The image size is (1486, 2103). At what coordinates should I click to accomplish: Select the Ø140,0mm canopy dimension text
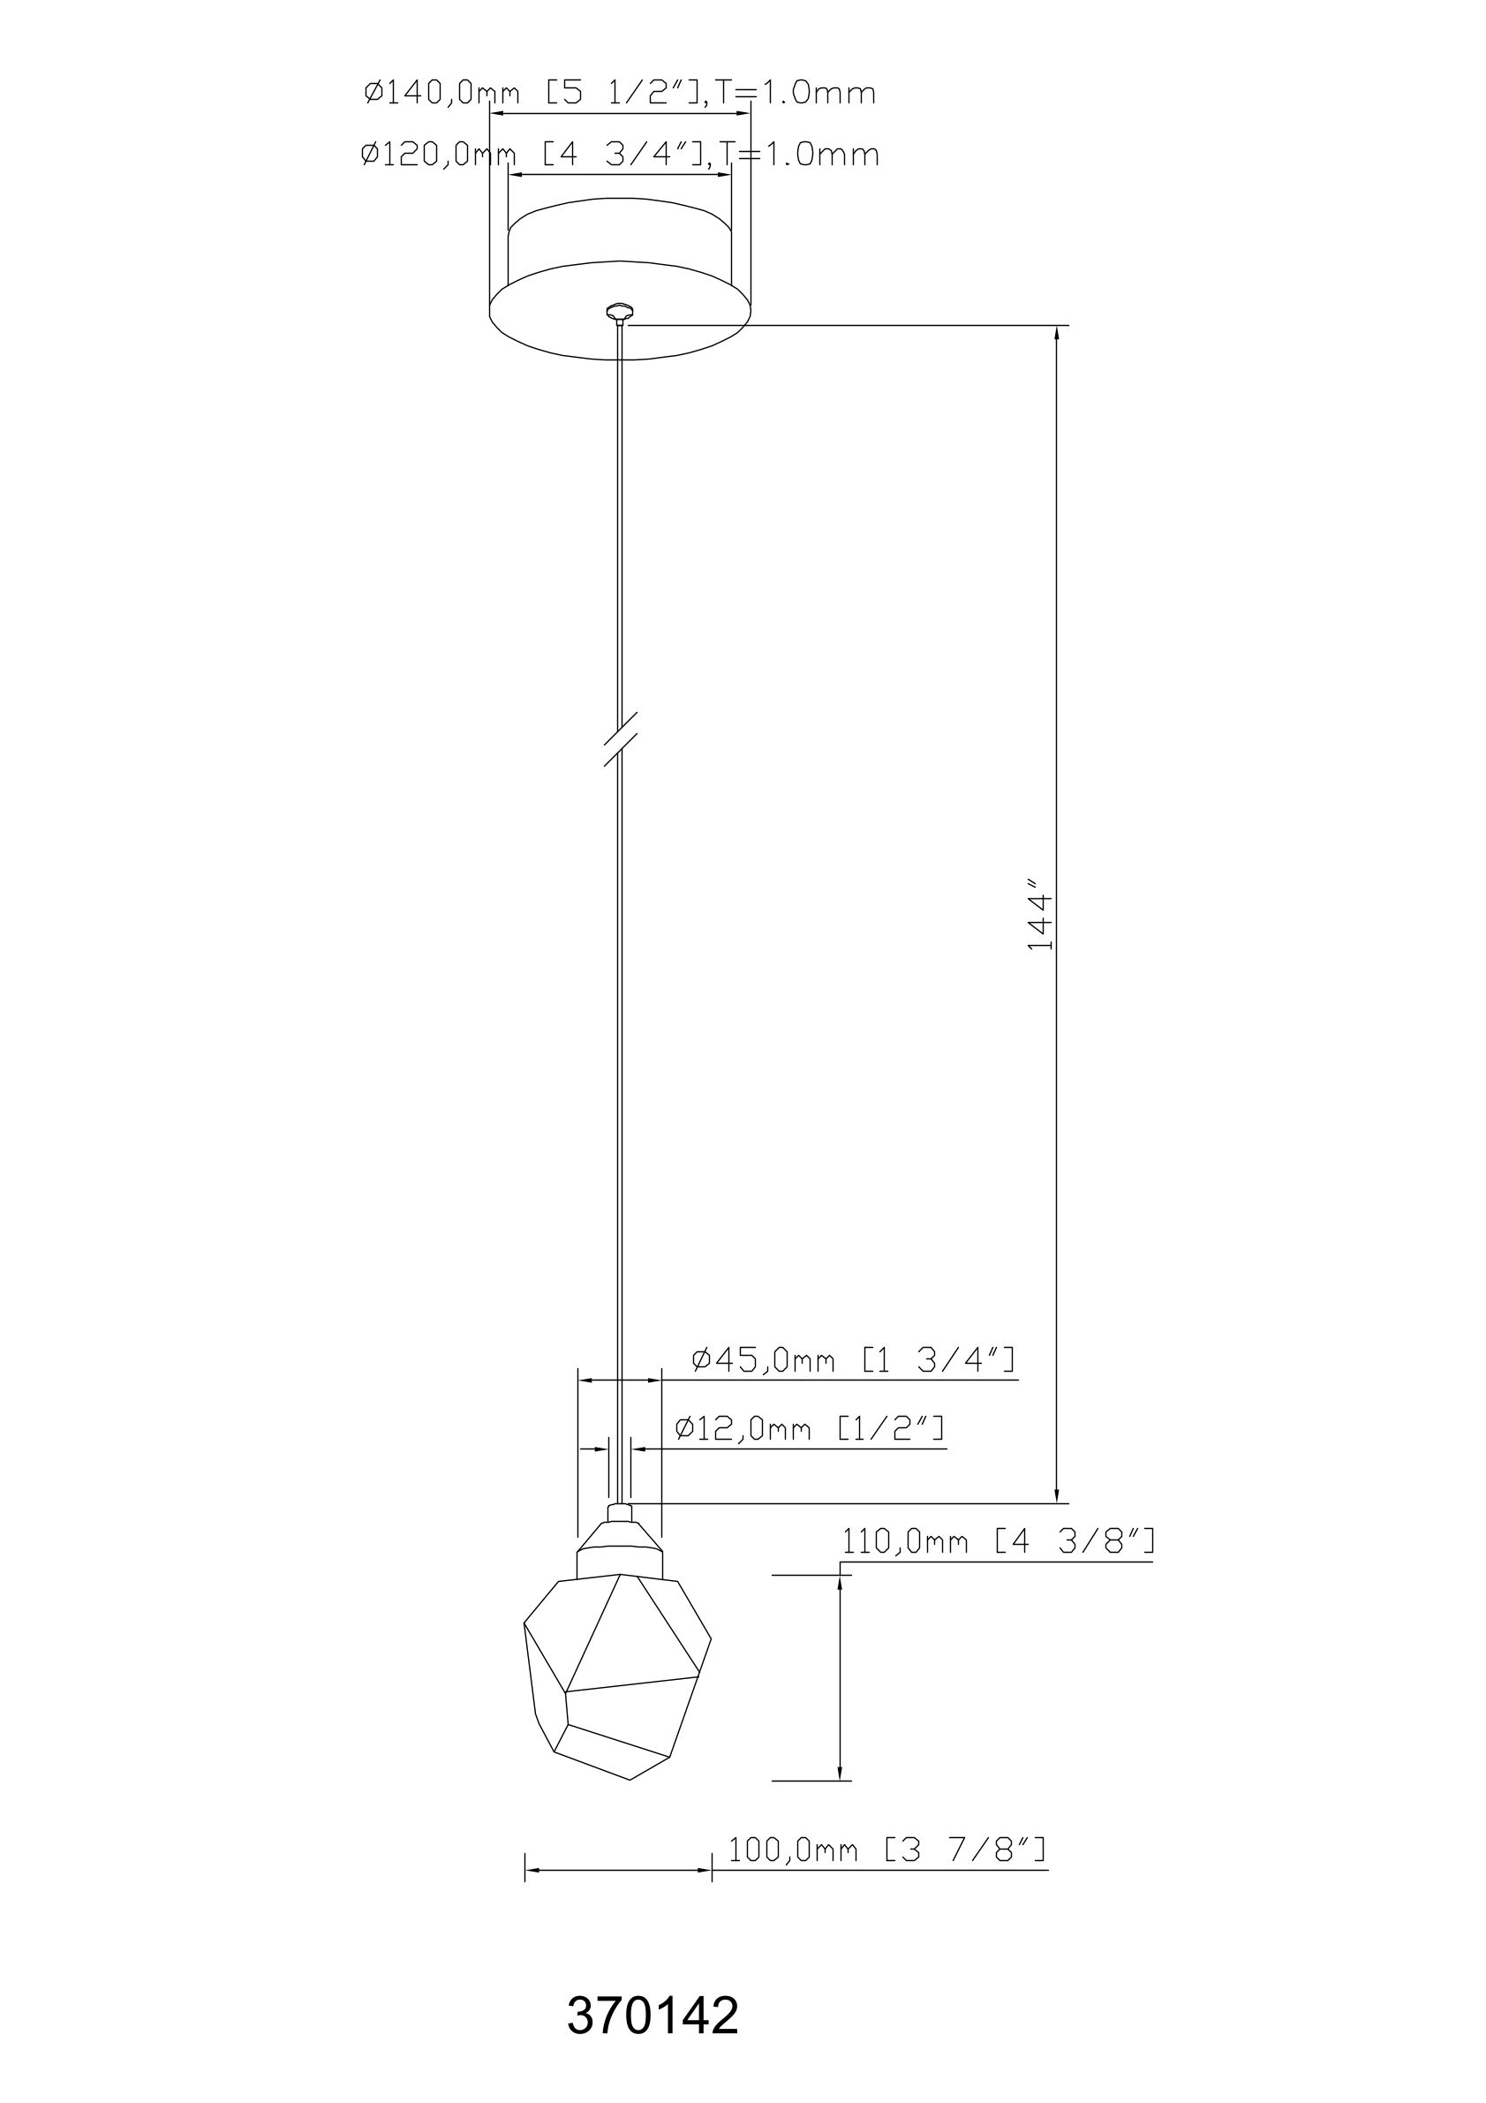(x=620, y=93)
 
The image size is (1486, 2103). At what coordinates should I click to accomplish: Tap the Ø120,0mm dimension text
(x=620, y=154)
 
